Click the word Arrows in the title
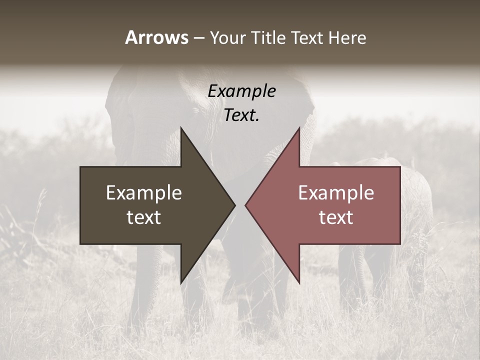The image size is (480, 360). (156, 37)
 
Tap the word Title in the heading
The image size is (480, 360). (268, 37)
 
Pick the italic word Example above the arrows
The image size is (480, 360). (241, 91)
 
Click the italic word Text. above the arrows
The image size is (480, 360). (241, 115)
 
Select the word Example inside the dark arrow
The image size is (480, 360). (143, 193)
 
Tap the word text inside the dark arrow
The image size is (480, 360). (143, 217)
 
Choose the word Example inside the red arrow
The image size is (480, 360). (336, 193)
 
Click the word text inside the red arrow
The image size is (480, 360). (336, 217)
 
